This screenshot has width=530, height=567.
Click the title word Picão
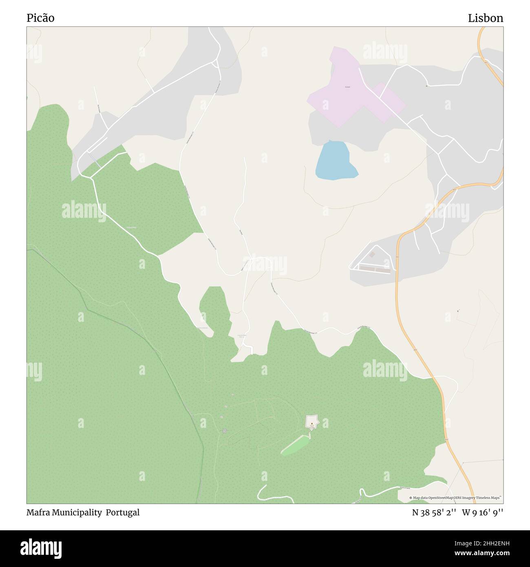click(x=40, y=18)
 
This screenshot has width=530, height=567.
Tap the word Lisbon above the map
click(x=485, y=18)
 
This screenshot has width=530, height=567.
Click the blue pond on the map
click(x=335, y=161)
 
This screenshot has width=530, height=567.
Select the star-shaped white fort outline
click(x=312, y=421)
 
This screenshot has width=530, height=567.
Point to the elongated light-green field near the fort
click(x=296, y=444)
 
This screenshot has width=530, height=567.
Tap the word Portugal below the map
click(x=123, y=513)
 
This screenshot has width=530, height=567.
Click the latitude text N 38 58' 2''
click(x=434, y=513)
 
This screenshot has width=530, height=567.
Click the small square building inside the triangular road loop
click(x=372, y=255)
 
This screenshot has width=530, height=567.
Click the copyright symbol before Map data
click(x=411, y=498)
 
